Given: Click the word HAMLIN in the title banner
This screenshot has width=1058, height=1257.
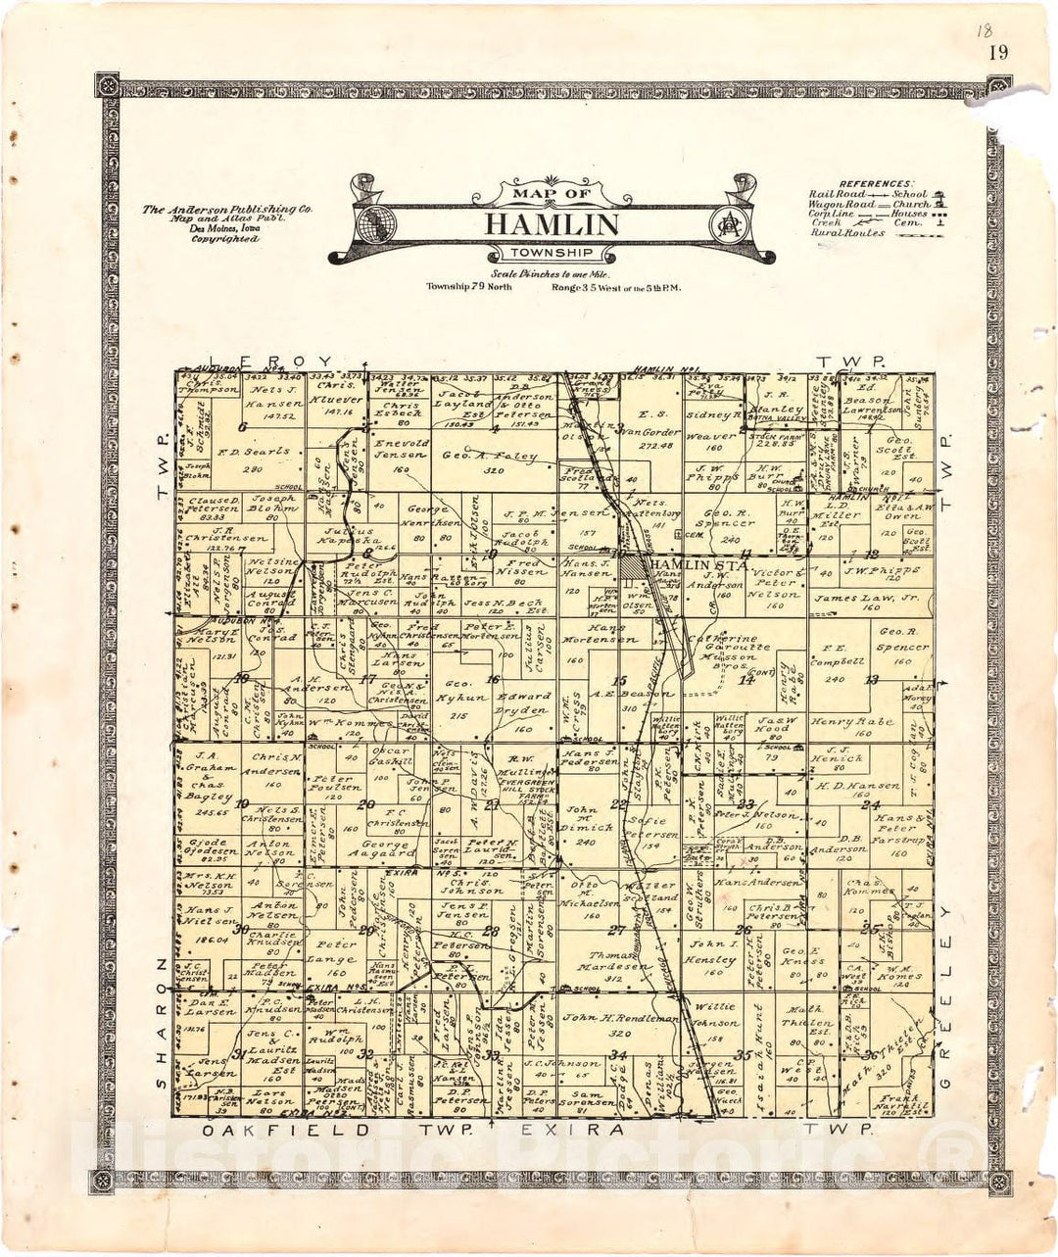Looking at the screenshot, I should pyautogui.click(x=552, y=224).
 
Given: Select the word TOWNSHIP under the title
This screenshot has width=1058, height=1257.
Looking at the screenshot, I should pyautogui.click(x=552, y=257).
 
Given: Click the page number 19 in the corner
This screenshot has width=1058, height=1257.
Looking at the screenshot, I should pyautogui.click(x=998, y=53).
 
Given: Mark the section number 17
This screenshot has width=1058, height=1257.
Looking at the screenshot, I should pyautogui.click(x=368, y=678).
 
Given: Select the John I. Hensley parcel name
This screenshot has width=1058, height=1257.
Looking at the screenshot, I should pyautogui.click(x=712, y=952).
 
